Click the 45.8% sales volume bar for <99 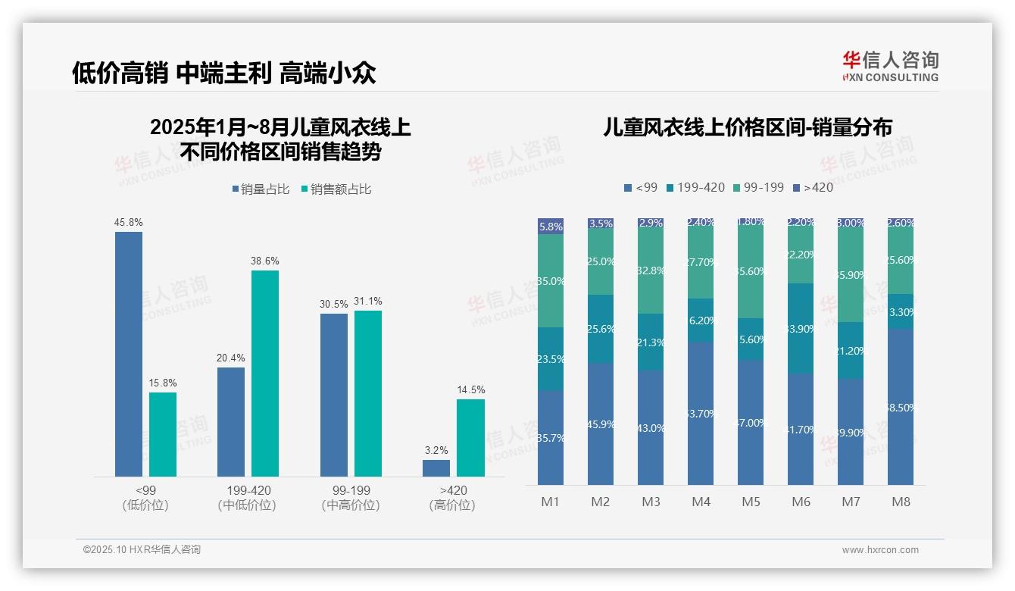click(129, 354)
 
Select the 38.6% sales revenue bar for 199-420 click(265, 374)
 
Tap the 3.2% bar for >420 click(436, 468)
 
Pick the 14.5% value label click(470, 390)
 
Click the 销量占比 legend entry click(261, 189)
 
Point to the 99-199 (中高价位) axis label click(351, 498)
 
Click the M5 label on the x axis click(751, 502)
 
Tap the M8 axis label click(901, 502)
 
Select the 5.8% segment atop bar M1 click(551, 226)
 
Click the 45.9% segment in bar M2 click(601, 424)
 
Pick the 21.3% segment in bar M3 click(651, 342)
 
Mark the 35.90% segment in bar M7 click(851, 275)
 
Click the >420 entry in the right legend click(812, 187)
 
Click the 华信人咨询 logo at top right click(890, 66)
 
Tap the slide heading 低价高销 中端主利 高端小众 click(224, 73)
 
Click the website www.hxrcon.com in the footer click(880, 550)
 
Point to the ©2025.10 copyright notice click(142, 550)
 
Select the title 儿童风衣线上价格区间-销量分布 click(747, 127)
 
